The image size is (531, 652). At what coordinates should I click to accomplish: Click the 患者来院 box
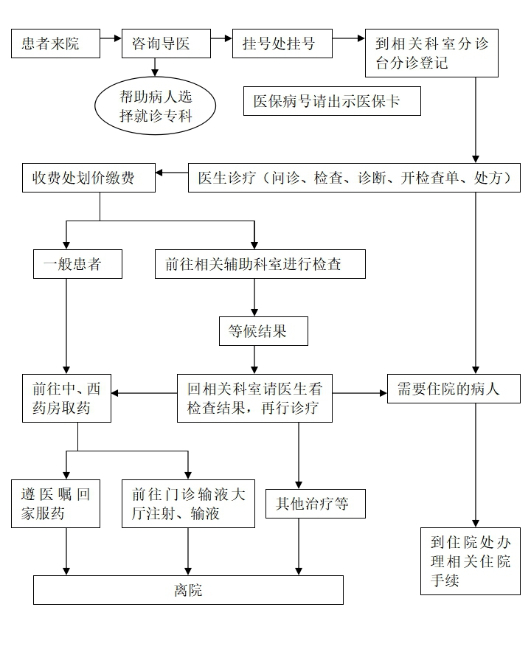pyautogui.click(x=55, y=44)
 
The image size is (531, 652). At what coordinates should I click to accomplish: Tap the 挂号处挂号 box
pyautogui.click(x=282, y=44)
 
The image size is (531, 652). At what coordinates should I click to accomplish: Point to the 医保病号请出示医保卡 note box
pyautogui.click(x=332, y=101)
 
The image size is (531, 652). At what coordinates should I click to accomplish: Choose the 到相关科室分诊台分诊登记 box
pyautogui.click(x=431, y=53)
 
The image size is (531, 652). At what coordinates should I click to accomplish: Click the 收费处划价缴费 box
pyautogui.click(x=88, y=178)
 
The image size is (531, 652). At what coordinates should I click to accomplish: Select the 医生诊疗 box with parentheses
pyautogui.click(x=358, y=178)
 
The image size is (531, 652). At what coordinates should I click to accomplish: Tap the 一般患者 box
pyautogui.click(x=77, y=264)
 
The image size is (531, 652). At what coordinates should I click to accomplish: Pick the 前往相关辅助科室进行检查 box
pyautogui.click(x=260, y=264)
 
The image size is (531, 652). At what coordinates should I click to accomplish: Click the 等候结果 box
pyautogui.click(x=263, y=331)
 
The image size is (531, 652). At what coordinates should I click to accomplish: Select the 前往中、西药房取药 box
pyautogui.click(x=66, y=398)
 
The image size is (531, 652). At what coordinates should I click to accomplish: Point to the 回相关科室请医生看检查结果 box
pyautogui.click(x=254, y=398)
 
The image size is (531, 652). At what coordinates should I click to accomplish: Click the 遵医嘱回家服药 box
pyautogui.click(x=55, y=504)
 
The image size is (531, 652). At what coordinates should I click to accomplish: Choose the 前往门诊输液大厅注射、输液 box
pyautogui.click(x=188, y=504)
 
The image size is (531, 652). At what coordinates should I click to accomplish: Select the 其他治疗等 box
pyautogui.click(x=316, y=504)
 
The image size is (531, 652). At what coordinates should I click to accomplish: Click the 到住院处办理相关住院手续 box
pyautogui.click(x=471, y=561)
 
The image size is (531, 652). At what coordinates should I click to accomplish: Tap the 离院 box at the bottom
pyautogui.click(x=188, y=590)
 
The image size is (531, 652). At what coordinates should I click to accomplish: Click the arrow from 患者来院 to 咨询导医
pyautogui.click(x=111, y=36)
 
